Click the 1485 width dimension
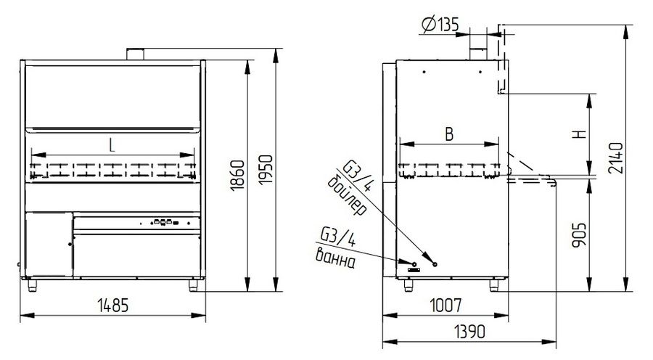113,306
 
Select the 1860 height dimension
238,176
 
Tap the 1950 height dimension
266,170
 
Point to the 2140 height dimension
615,158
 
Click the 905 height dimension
579,235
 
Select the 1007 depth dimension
445,306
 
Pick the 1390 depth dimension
469,332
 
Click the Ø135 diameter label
440,25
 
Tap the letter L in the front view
112,145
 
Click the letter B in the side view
449,134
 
